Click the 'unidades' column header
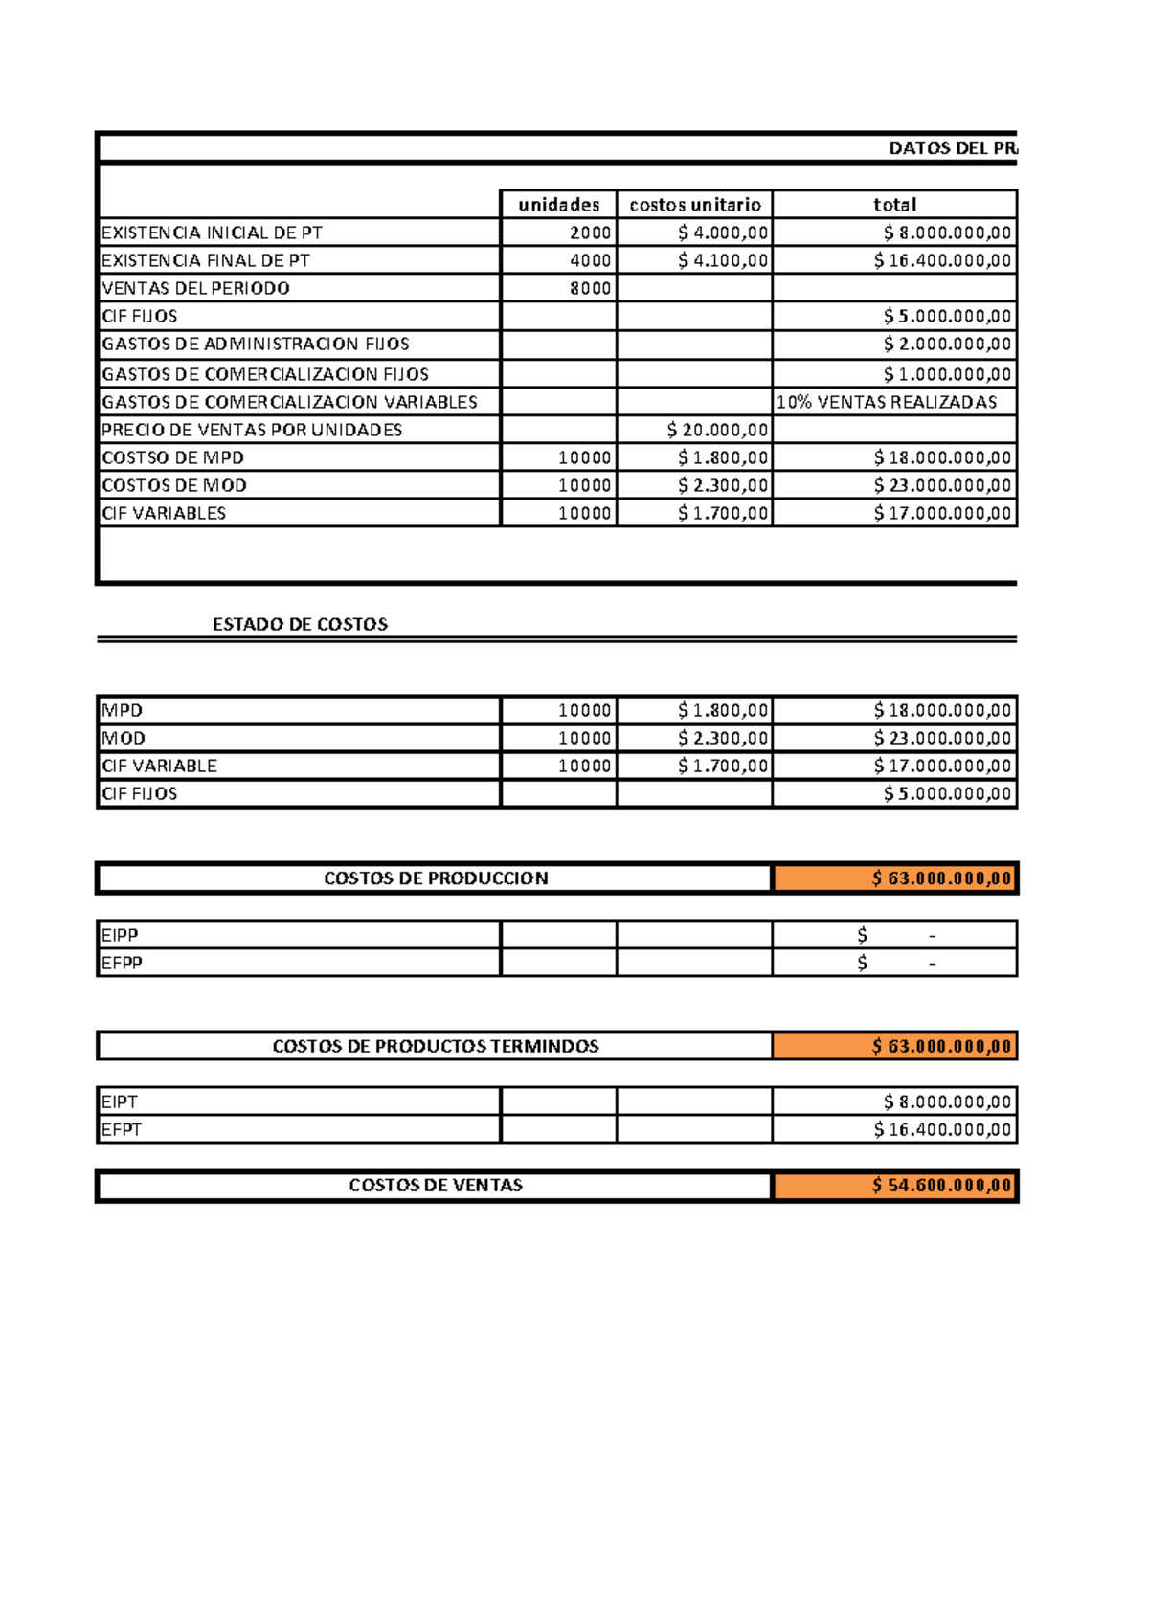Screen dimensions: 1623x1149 558,205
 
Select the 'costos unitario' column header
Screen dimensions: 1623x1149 695,205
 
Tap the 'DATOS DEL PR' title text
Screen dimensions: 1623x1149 952,148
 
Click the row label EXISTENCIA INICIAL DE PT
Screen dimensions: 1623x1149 212,233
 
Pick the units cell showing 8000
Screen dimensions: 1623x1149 590,288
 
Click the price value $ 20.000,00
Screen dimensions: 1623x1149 717,430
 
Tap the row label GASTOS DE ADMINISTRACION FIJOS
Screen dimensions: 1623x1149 256,344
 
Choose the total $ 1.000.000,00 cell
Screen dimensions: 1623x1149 946,374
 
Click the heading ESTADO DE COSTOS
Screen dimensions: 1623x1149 300,624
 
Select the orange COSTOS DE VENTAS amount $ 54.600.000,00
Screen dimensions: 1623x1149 941,1186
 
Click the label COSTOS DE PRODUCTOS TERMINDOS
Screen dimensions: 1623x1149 436,1046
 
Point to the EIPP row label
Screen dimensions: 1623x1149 120,935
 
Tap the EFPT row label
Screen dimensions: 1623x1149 122,1129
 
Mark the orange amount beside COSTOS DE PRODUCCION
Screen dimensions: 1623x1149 941,878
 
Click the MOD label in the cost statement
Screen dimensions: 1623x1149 124,738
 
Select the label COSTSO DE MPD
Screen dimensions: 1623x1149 172,457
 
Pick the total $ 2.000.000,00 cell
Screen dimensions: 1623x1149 946,344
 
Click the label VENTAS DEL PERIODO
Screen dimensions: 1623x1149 195,288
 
